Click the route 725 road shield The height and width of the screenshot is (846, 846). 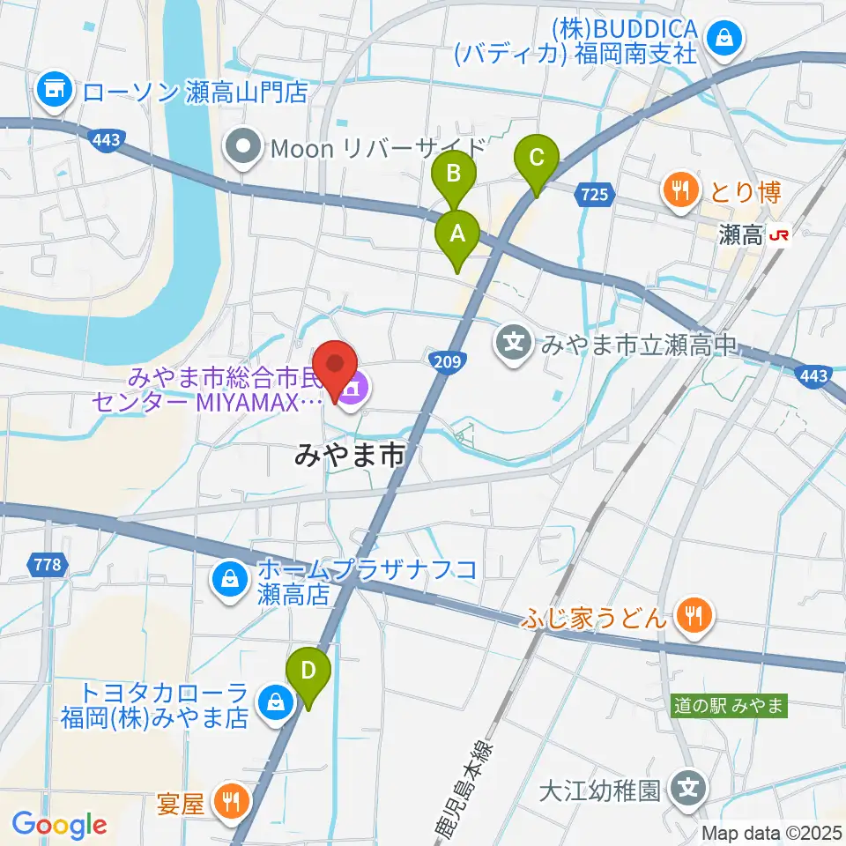click(595, 194)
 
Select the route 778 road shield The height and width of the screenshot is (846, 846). click(50, 564)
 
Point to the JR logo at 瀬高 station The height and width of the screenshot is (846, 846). click(779, 235)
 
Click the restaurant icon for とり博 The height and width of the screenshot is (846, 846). click(679, 191)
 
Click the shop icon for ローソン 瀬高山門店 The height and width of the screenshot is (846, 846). click(55, 90)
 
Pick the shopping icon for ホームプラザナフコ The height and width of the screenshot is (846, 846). click(229, 581)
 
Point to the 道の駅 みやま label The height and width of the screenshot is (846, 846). click(729, 706)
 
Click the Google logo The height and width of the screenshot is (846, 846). click(59, 825)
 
